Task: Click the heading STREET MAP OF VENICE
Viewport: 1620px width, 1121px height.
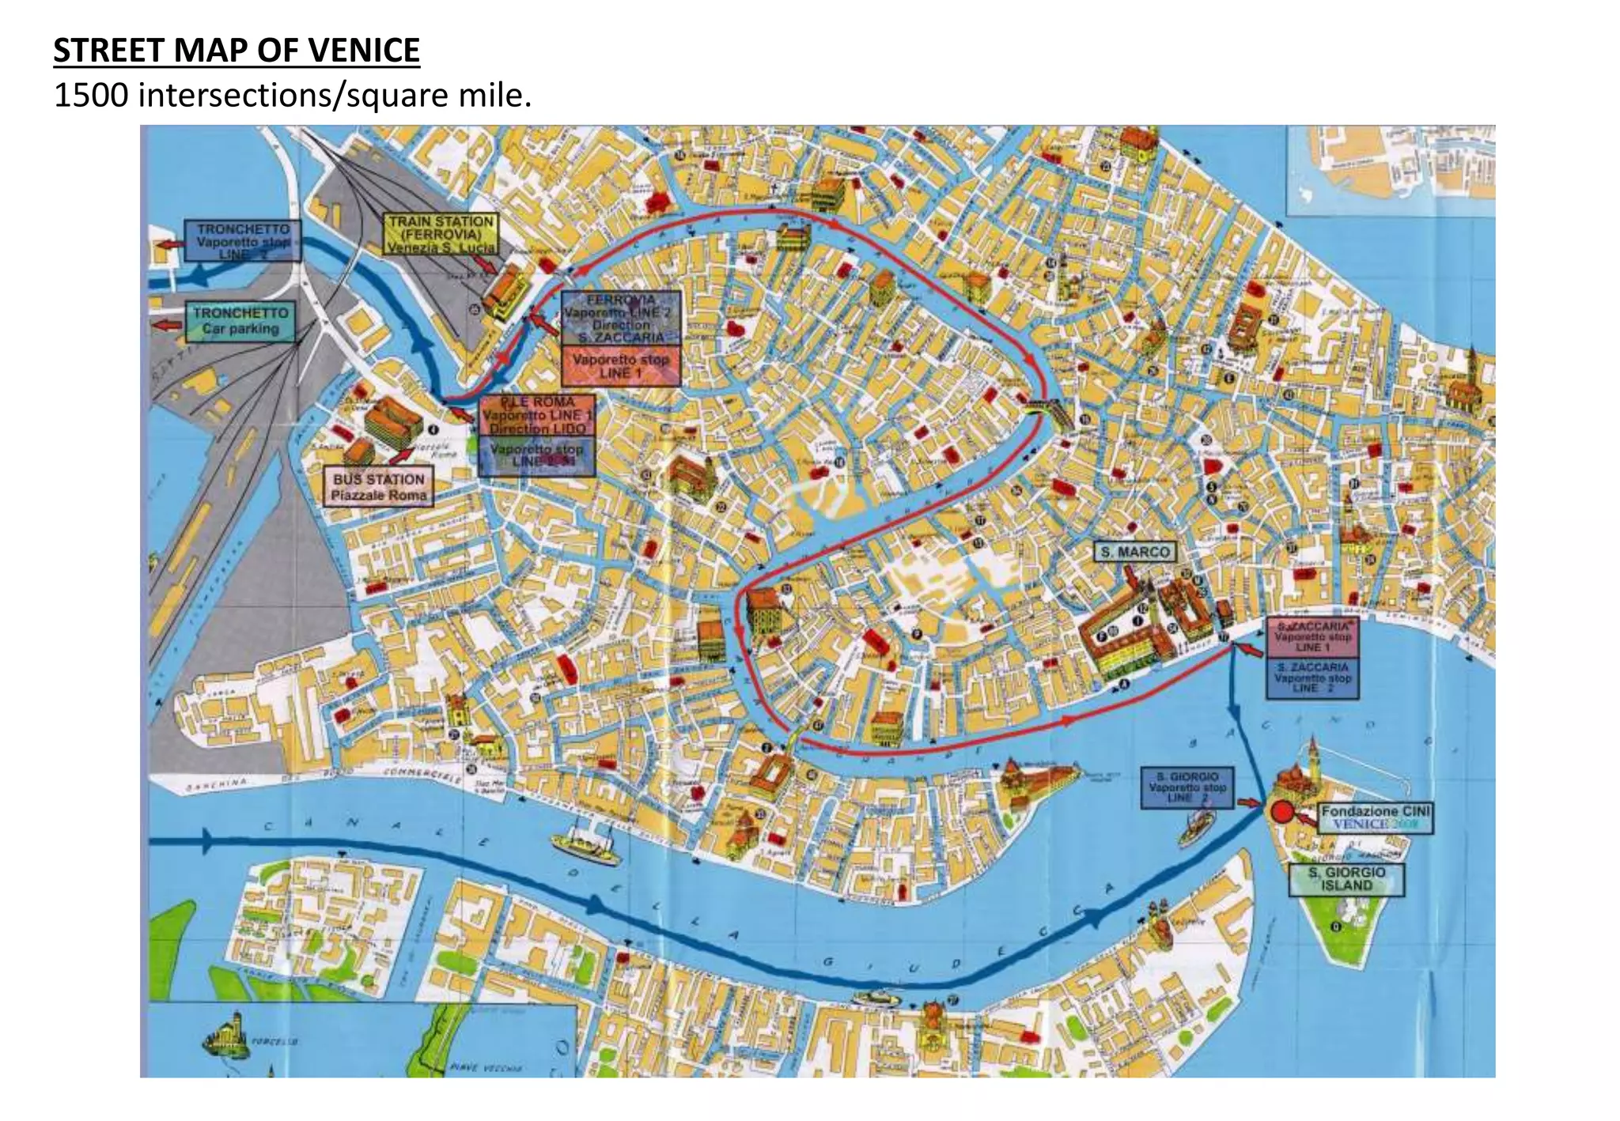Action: click(x=236, y=50)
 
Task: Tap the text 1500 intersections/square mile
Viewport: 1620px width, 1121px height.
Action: click(x=292, y=96)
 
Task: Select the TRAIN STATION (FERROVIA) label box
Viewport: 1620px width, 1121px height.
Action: click(x=441, y=234)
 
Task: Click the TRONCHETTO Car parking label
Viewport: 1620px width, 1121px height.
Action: click(x=240, y=321)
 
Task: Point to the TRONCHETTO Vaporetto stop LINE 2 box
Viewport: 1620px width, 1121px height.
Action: click(x=242, y=241)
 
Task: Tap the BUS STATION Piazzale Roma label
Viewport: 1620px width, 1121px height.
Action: click(x=379, y=487)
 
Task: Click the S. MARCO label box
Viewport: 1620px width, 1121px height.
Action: click(x=1135, y=552)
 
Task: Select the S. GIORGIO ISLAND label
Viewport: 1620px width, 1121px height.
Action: click(x=1346, y=879)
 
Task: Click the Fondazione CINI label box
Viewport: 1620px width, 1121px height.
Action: click(x=1375, y=817)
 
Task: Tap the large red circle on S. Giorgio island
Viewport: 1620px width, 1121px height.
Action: click(x=1281, y=812)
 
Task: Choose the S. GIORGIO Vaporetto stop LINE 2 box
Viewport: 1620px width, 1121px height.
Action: click(x=1187, y=787)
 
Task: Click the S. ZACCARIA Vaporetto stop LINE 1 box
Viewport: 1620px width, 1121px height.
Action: click(x=1312, y=637)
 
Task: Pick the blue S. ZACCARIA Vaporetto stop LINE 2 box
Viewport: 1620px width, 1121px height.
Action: click(x=1312, y=678)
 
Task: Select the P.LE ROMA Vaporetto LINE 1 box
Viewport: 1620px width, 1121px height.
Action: click(x=536, y=415)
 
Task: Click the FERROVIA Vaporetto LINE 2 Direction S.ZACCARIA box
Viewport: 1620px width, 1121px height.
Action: click(x=621, y=319)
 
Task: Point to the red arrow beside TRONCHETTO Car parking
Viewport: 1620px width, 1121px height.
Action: click(x=168, y=324)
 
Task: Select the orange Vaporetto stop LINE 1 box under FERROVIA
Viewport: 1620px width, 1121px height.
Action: click(x=621, y=366)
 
